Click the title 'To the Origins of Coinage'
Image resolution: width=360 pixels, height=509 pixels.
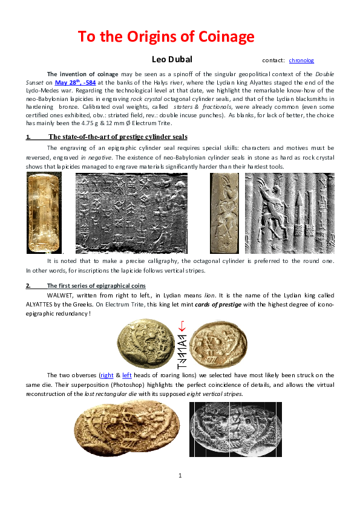166,37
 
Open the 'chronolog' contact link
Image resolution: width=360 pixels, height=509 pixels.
301,60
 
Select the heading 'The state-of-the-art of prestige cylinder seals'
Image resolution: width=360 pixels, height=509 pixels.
118,137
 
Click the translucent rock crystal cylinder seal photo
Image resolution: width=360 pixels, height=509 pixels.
44,212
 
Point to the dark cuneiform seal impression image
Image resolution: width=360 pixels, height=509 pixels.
131,213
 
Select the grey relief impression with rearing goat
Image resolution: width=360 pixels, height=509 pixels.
289,212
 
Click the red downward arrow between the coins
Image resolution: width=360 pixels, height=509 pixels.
182,326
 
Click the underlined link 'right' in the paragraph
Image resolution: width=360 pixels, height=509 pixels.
107,376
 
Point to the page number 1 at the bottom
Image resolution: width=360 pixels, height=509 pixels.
180,475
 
